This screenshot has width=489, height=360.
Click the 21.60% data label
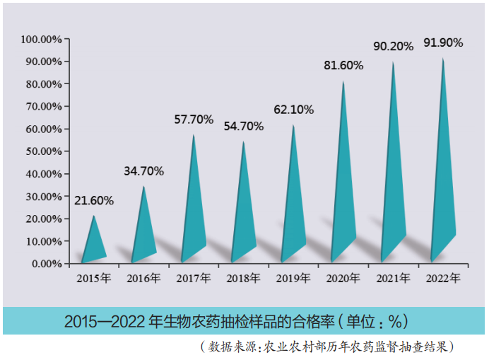[x=94, y=201]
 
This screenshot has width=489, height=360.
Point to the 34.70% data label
[x=143, y=171]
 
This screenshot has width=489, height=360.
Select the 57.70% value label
[x=194, y=120]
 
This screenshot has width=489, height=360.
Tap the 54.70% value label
[x=243, y=127]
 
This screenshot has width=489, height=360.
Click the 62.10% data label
[x=293, y=110]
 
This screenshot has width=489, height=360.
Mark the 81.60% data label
[x=343, y=66]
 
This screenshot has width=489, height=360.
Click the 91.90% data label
[x=443, y=43]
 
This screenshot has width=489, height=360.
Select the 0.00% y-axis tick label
[x=45, y=264]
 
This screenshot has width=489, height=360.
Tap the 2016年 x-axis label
[x=143, y=279]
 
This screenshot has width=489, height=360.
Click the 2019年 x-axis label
[x=293, y=279]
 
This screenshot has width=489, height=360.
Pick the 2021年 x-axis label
[x=394, y=279]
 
